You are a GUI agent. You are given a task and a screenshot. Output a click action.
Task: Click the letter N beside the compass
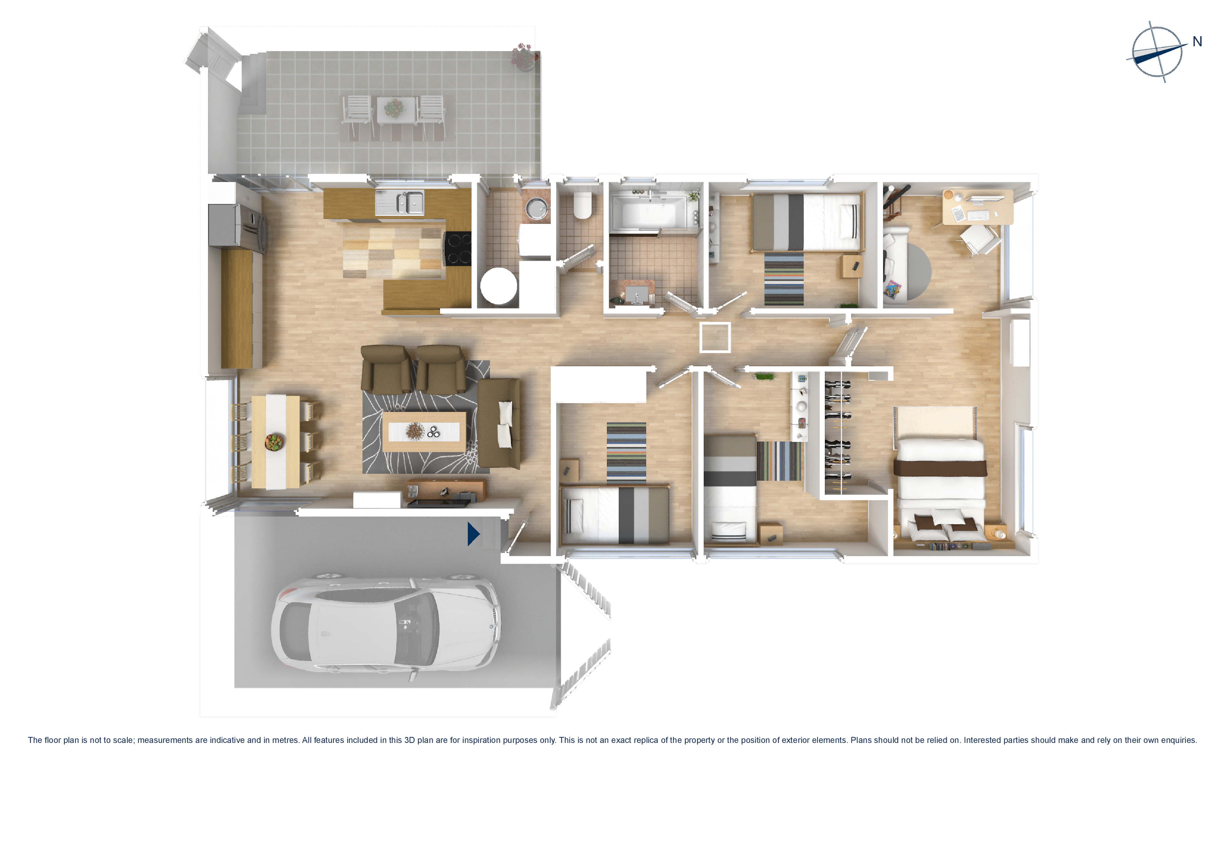coord(1197,41)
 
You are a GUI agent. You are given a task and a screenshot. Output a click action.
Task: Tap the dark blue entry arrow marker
coord(473,534)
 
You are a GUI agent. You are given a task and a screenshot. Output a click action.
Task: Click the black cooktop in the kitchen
coord(458,248)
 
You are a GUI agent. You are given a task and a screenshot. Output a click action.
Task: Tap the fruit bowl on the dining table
coord(274,441)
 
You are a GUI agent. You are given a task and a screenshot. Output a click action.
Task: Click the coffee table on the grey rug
coord(424,431)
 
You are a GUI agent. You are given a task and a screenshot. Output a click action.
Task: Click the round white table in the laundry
coord(498,286)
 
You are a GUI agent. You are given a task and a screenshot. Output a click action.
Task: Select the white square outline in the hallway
coord(715,337)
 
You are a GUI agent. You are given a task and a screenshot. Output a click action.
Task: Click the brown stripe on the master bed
coord(940,468)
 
